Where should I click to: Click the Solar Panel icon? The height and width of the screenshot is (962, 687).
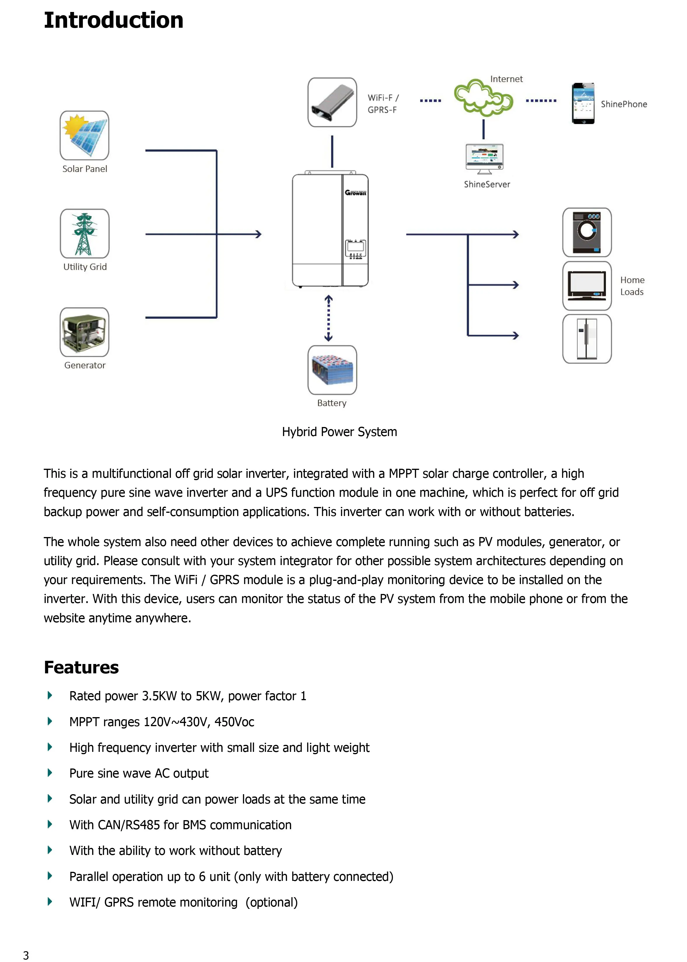click(x=85, y=135)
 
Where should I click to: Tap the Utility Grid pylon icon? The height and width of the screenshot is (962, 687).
click(x=85, y=233)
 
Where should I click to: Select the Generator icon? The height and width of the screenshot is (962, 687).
click(x=85, y=332)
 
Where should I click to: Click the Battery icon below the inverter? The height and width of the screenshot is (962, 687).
click(x=332, y=370)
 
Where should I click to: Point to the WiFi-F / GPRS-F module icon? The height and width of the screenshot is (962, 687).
click(x=332, y=102)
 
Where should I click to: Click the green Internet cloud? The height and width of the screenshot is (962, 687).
click(x=483, y=98)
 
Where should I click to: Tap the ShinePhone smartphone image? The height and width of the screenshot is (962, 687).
click(x=583, y=104)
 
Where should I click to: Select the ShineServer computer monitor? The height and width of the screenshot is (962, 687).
click(x=484, y=158)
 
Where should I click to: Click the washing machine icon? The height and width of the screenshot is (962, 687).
click(x=587, y=232)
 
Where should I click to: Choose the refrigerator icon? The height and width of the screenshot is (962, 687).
click(x=587, y=339)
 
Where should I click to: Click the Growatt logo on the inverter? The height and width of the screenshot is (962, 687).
click(x=355, y=193)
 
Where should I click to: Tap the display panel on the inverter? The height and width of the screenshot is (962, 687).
click(x=355, y=249)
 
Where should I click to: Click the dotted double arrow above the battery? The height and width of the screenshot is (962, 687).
click(x=328, y=318)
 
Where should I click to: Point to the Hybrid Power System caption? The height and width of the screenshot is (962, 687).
click(x=339, y=432)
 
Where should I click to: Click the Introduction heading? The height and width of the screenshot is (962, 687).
click(x=113, y=20)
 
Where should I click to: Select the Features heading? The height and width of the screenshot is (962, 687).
click(x=81, y=668)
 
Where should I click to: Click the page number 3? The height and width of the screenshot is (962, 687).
click(x=26, y=955)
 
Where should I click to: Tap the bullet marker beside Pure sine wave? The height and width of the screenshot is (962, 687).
click(x=50, y=773)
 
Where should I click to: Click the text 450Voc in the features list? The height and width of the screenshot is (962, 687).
click(x=234, y=722)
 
